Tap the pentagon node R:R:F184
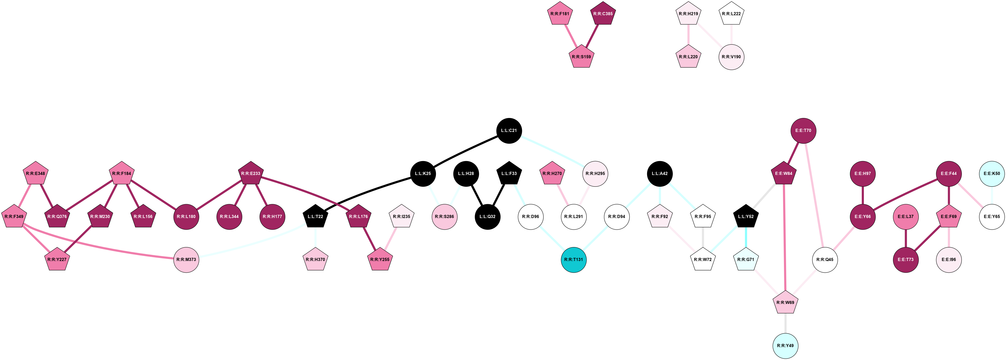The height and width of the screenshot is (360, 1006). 122,174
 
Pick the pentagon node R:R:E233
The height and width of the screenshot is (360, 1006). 251,174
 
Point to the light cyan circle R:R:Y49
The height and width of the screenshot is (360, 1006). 785,345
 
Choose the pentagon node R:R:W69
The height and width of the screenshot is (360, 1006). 785,303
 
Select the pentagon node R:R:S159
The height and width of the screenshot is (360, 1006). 581,57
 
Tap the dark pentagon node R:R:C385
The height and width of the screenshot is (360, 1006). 603,14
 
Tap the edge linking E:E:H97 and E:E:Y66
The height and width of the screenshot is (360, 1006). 863,195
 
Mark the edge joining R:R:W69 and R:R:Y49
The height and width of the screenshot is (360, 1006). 785,324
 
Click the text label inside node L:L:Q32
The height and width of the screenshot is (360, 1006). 487,217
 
